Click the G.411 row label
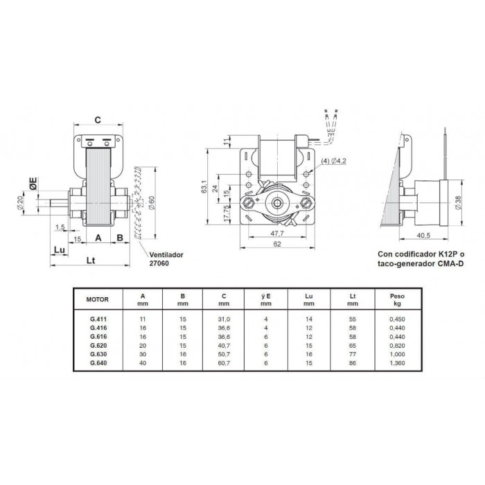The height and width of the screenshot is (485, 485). click(98, 319)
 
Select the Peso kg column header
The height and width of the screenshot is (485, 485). click(397, 300)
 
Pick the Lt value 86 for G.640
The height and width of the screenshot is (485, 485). click(352, 363)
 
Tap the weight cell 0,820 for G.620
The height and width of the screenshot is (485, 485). click(397, 346)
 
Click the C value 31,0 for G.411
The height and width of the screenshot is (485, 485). click(224, 319)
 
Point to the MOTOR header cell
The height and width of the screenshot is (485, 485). click(98, 300)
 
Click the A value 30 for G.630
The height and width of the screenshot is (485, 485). click(143, 355)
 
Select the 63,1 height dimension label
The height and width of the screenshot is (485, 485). click(204, 186)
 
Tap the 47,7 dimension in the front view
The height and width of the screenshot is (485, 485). click(277, 233)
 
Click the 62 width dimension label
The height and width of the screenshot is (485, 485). click(277, 244)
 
